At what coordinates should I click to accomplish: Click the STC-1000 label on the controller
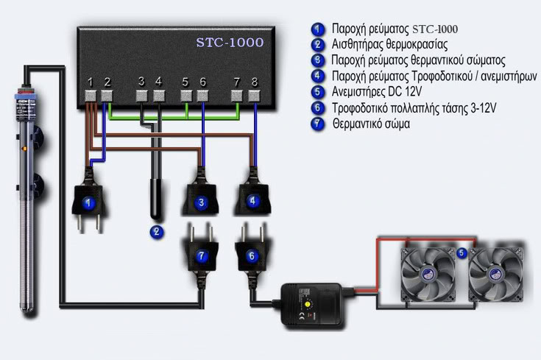coord(229,42)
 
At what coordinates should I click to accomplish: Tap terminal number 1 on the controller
coord(90,94)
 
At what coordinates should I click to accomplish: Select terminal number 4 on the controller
coord(158,94)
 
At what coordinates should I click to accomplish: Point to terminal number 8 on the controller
coord(255,94)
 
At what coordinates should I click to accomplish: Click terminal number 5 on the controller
coord(185,94)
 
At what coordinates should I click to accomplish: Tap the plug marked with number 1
coord(89,201)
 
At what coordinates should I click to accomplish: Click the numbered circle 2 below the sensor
coord(156,232)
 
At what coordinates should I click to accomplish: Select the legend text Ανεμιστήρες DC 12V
coord(377,92)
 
